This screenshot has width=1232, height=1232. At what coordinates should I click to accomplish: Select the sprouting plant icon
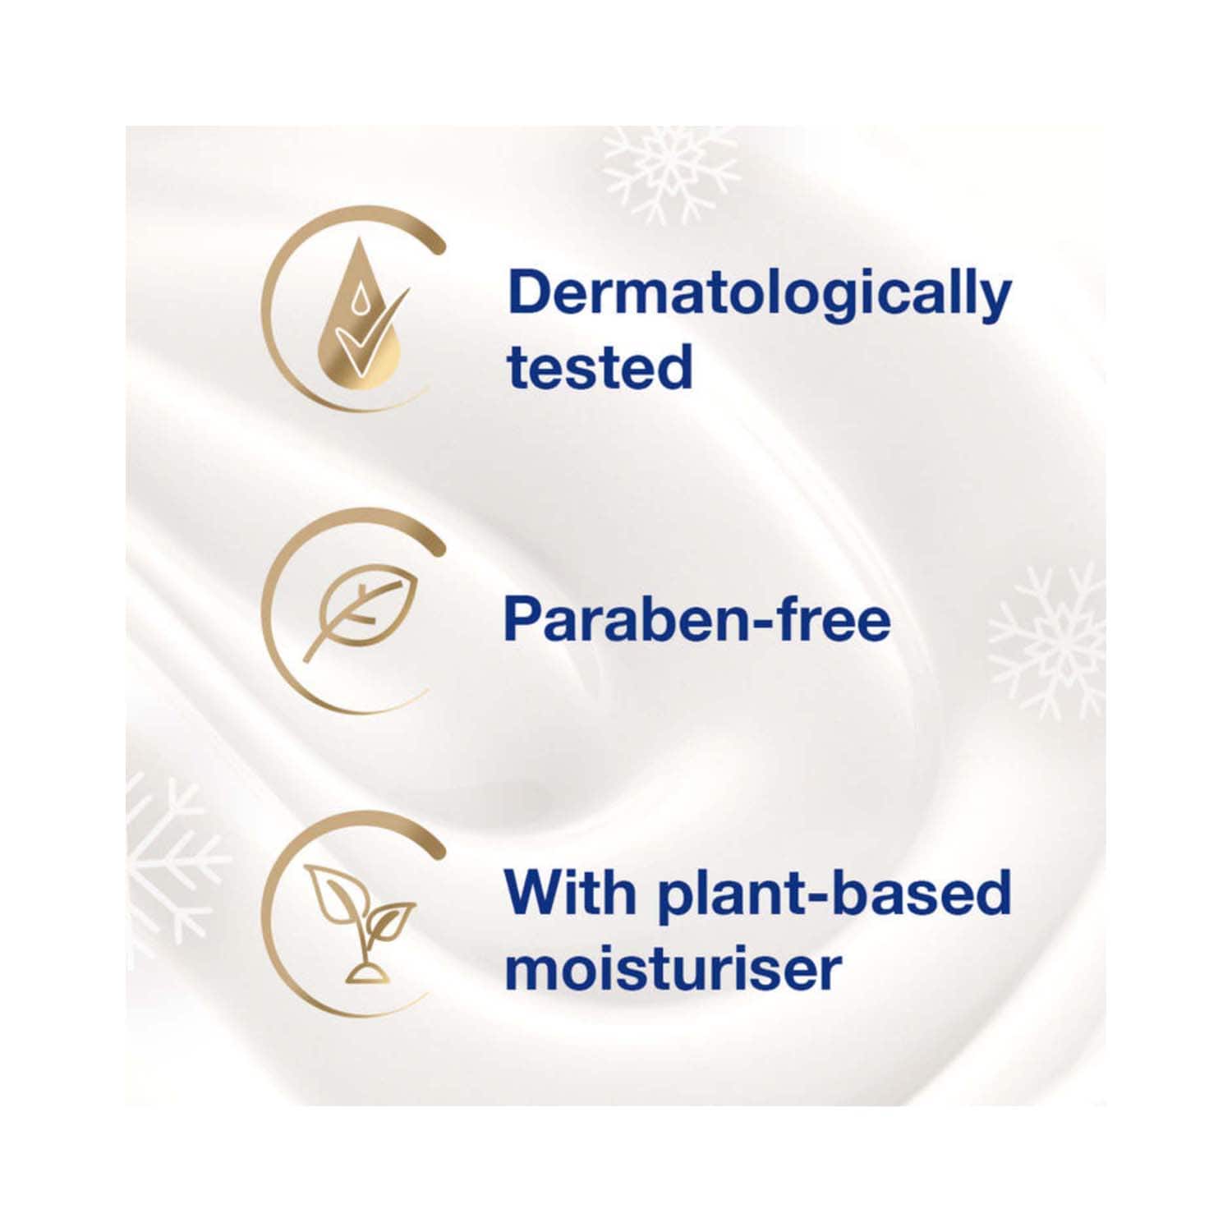[360, 922]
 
